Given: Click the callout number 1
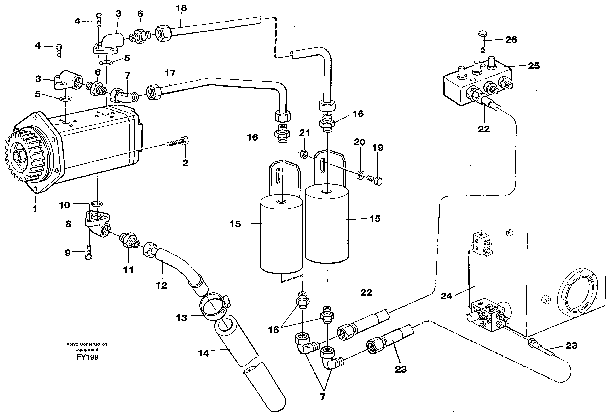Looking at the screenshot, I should (35, 209).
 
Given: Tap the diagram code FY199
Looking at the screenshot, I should (88, 357).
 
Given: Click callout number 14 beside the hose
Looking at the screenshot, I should (203, 353).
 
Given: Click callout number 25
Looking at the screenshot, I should (534, 66).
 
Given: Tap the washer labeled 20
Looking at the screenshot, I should (361, 175).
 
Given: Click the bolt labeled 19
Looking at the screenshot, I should (375, 180).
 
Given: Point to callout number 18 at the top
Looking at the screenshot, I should (181, 8).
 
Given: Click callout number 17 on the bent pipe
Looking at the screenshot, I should (170, 73).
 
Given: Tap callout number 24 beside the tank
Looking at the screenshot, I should (446, 296).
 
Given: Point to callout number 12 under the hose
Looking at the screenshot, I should (161, 285).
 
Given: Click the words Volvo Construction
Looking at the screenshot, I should (87, 344).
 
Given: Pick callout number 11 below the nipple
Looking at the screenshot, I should (128, 269).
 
